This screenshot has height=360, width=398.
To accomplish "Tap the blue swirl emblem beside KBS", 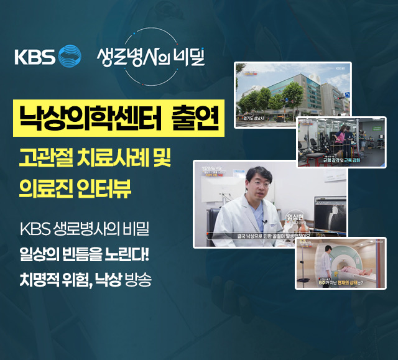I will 69,56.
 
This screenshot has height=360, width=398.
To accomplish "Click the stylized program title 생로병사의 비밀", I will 150,57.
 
